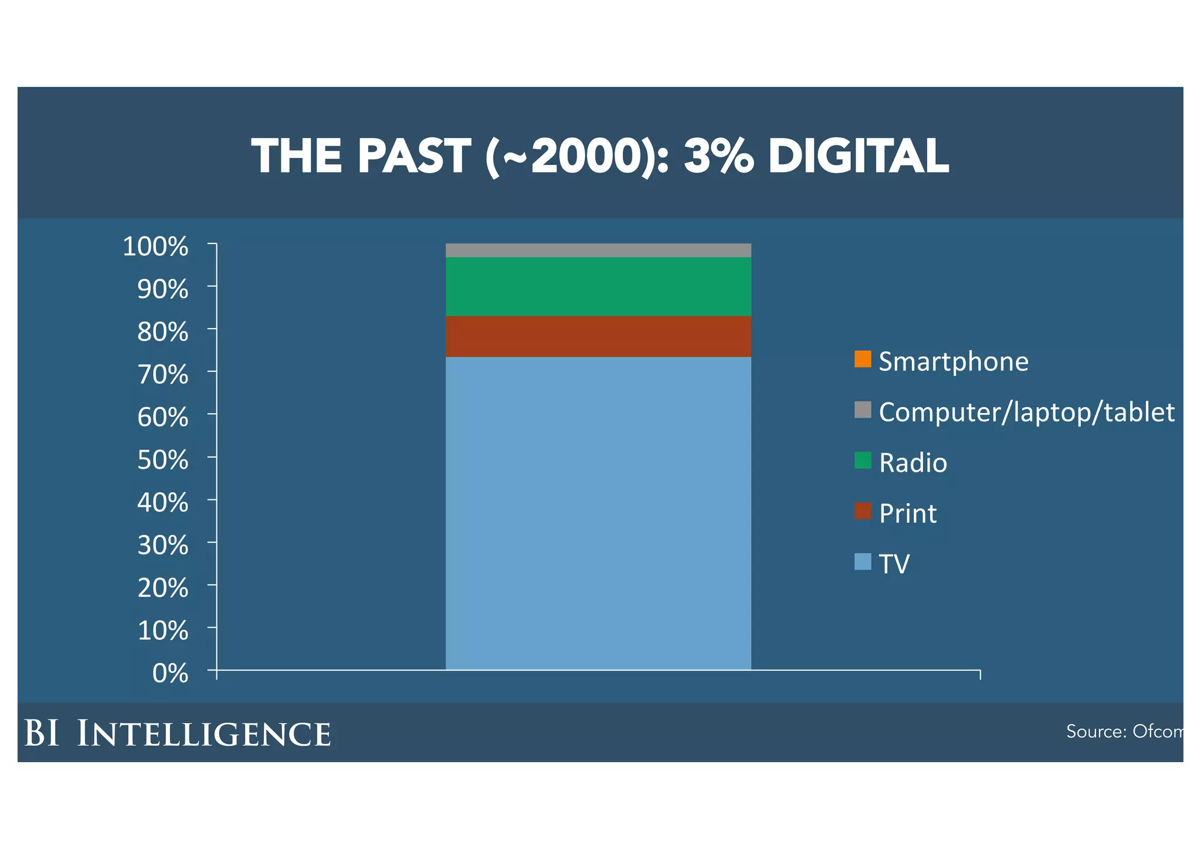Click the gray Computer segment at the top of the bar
[598, 250]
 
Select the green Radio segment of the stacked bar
[598, 286]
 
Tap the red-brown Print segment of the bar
[598, 336]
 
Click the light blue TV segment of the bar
[598, 513]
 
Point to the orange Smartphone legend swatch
[863, 359]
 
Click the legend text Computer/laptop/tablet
[1026, 412]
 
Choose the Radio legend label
[912, 463]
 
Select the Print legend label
[907, 513]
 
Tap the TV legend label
[894, 564]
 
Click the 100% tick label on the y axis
[155, 246]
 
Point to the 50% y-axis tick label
[162, 460]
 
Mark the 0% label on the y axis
[170, 674]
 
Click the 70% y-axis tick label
[162, 374]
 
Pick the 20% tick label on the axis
[162, 588]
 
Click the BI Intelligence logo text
[177, 733]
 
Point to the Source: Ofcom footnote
[1123, 731]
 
